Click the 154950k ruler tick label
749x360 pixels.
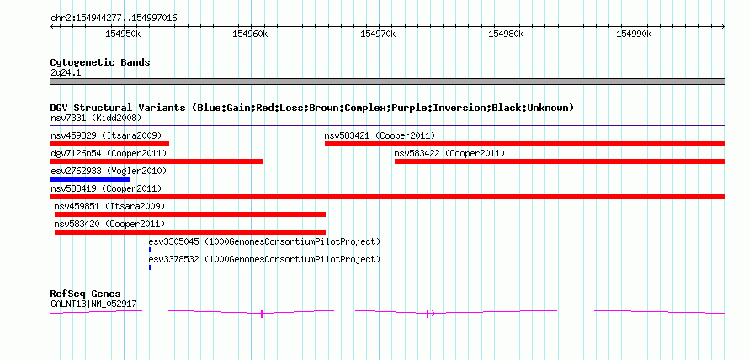(x=123, y=34)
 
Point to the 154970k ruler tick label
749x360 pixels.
(x=379, y=34)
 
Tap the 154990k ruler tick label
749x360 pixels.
(x=634, y=34)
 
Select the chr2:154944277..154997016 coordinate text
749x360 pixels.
(x=114, y=19)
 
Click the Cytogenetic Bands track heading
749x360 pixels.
(x=100, y=62)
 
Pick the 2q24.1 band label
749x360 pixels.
(x=66, y=73)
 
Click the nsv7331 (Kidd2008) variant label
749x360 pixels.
(x=96, y=118)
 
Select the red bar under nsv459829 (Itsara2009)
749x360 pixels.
(x=109, y=144)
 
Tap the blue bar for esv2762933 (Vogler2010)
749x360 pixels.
(x=90, y=179)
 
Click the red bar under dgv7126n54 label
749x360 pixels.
(x=157, y=161)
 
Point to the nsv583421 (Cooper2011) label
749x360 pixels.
(x=380, y=135)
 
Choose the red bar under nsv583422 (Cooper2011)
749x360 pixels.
(x=560, y=161)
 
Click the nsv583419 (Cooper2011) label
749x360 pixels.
(x=106, y=188)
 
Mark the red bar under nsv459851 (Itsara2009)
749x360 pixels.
(x=190, y=214)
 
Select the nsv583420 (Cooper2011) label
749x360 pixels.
(x=109, y=224)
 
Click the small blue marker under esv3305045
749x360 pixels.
(x=150, y=250)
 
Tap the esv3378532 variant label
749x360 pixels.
(x=173, y=259)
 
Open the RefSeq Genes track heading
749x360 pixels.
(x=86, y=294)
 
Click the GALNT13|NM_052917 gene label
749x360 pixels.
(x=94, y=304)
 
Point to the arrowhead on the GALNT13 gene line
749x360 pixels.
(x=433, y=313)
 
